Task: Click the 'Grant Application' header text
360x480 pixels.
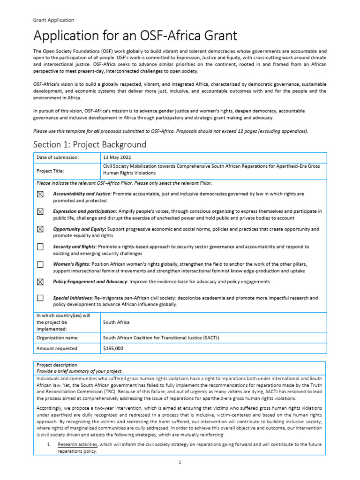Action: pyautogui.click(x=53, y=20)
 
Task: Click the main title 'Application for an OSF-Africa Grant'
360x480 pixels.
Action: pyautogui.click(x=135, y=36)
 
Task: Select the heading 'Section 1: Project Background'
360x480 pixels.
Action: pyautogui.click(x=90, y=144)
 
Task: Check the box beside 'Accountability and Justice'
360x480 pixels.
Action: pyautogui.click(x=40, y=194)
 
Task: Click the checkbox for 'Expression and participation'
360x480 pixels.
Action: pyautogui.click(x=40, y=212)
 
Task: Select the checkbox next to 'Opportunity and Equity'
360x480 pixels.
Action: pyautogui.click(x=40, y=229)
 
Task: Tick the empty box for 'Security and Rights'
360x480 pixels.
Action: pyautogui.click(x=40, y=247)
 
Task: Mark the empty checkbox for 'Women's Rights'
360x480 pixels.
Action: pyautogui.click(x=40, y=264)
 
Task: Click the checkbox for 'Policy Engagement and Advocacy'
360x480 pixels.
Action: pyautogui.click(x=40, y=282)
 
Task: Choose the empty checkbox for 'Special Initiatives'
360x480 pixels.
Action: pyautogui.click(x=40, y=298)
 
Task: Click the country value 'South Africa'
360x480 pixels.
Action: pyautogui.click(x=116, y=322)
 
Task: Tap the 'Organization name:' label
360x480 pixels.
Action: pyautogui.click(x=58, y=337)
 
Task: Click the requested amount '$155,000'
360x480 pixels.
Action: pyautogui.click(x=113, y=348)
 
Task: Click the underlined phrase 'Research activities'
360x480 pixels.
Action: pyautogui.click(x=77, y=444)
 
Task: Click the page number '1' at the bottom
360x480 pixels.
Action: pyautogui.click(x=180, y=462)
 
